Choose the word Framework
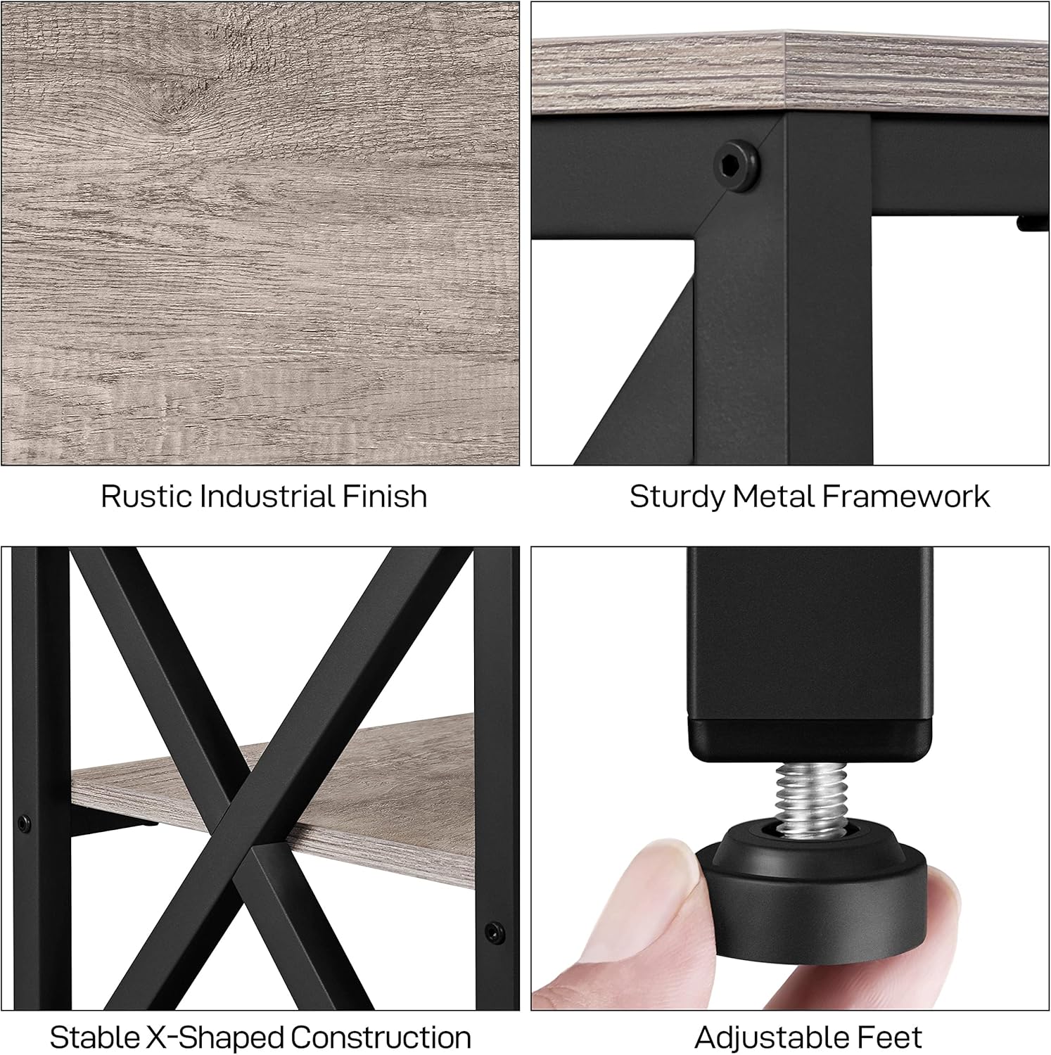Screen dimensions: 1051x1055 pos(906,497)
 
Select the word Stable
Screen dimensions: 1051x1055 pos(94,1038)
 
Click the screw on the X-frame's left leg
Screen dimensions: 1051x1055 pos(25,822)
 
